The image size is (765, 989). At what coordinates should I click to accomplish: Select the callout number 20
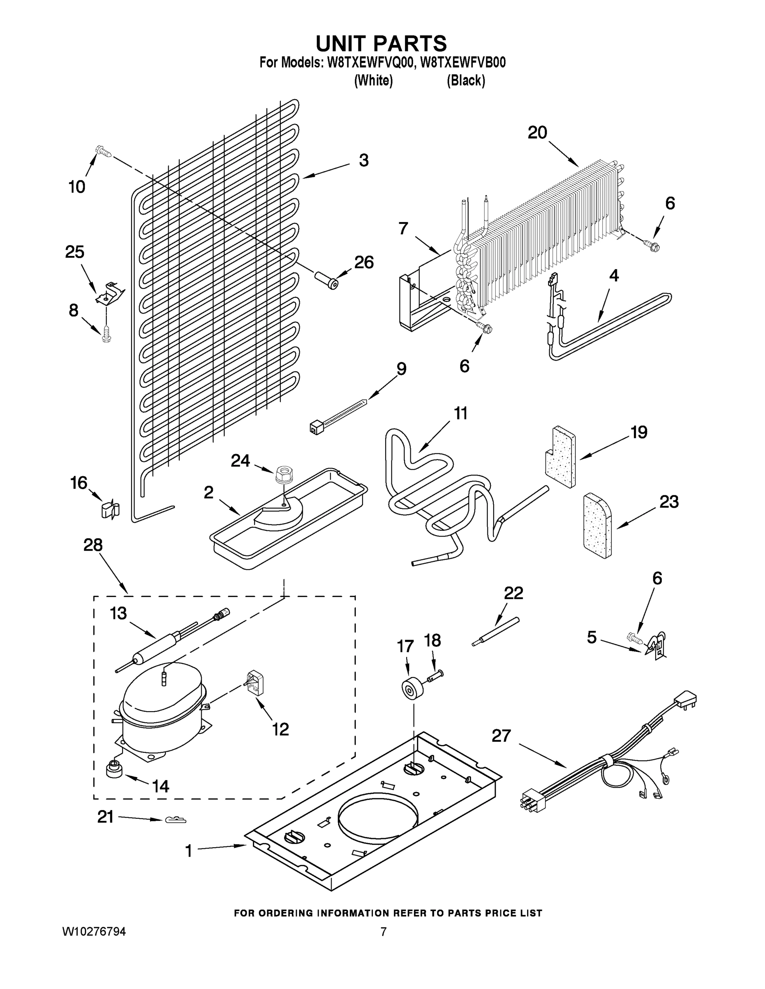click(x=537, y=133)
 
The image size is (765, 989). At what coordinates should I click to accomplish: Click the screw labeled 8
click(x=106, y=334)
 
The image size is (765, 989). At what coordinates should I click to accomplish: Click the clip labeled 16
click(x=110, y=509)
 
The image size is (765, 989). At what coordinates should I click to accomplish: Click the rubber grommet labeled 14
click(x=114, y=769)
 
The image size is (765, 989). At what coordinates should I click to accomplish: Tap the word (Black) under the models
click(x=466, y=81)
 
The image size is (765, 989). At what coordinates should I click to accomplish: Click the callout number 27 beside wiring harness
click(x=501, y=736)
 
